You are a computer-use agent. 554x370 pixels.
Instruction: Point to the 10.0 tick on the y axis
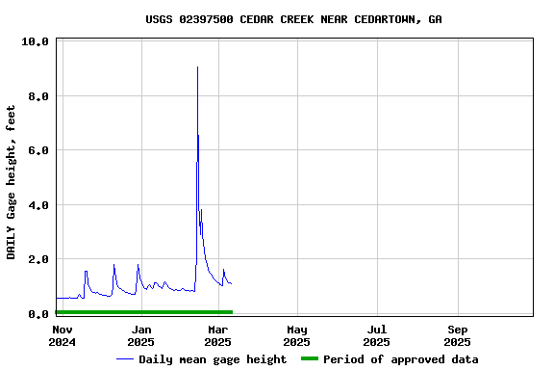(x=36, y=42)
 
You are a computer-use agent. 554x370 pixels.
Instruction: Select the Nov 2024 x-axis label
(x=62, y=335)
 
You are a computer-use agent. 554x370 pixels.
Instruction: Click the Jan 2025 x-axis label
(x=140, y=335)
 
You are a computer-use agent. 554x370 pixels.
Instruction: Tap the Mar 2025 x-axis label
(x=218, y=335)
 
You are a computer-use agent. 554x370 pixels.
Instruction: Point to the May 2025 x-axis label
(x=297, y=335)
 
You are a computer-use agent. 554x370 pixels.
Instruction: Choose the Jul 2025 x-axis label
(x=376, y=335)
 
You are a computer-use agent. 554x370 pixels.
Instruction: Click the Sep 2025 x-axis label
(x=457, y=335)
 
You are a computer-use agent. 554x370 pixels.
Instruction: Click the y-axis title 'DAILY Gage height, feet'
(x=12, y=182)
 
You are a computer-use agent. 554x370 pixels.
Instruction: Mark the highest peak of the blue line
(x=197, y=67)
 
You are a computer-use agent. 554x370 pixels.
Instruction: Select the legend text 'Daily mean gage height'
(x=213, y=359)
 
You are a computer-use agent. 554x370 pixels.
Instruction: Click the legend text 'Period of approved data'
(x=400, y=359)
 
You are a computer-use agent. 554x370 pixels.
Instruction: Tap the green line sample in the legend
(x=309, y=359)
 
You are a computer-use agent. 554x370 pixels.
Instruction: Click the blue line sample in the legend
(x=125, y=359)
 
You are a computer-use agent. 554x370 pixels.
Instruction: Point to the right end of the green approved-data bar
(x=232, y=312)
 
